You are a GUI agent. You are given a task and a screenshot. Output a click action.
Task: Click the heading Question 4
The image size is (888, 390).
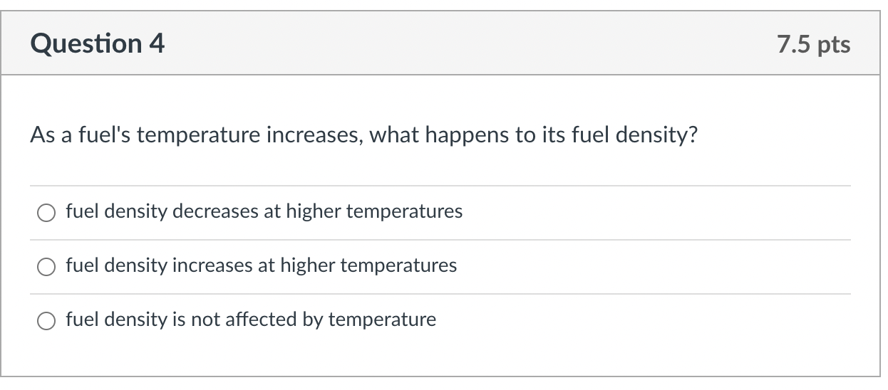coord(97,43)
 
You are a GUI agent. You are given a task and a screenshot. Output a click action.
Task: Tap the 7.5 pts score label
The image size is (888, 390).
coord(813,44)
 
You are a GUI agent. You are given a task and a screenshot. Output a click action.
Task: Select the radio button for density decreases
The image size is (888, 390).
coord(46,213)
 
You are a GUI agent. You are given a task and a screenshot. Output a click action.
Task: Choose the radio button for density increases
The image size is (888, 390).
coord(46,266)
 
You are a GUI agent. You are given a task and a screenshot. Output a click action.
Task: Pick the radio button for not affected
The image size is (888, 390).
coord(46,321)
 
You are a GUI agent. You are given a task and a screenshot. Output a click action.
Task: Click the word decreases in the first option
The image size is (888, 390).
coord(215,211)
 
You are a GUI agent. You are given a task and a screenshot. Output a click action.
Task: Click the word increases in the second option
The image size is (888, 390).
coord(212,265)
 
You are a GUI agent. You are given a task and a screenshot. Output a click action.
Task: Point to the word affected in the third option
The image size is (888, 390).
coord(261,319)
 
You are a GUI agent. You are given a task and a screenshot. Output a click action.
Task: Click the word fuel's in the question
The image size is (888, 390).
coord(104,135)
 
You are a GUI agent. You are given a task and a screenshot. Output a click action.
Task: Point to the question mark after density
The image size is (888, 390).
coord(693,135)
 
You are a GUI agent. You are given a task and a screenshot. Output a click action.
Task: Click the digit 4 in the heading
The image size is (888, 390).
coord(157,43)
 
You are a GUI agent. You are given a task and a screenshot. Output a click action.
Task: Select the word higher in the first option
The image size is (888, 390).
coord(313,212)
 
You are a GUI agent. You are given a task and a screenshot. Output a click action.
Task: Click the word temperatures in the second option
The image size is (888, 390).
coord(398,266)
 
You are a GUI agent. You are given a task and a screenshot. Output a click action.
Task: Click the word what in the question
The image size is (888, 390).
coord(394,135)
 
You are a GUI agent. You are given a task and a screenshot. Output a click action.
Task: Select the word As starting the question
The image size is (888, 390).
coord(43,135)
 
